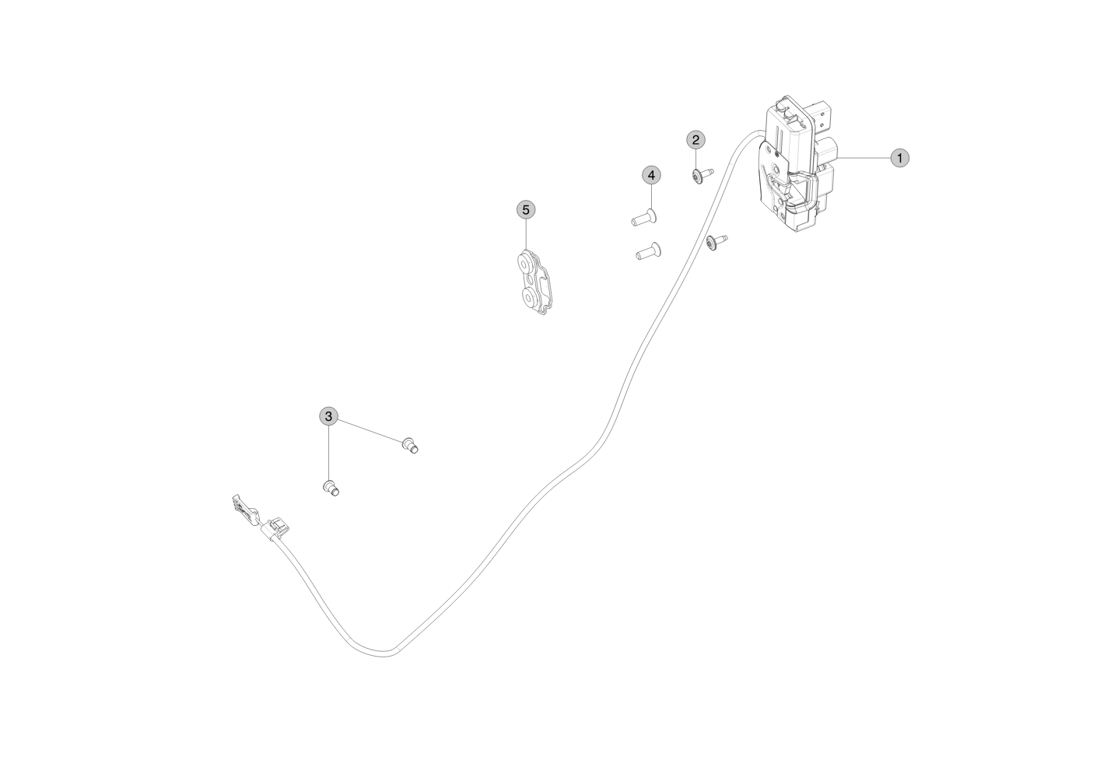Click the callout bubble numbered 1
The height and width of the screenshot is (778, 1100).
coord(899,158)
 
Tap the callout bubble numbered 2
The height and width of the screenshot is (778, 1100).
coord(695,140)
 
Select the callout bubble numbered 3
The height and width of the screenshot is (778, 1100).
coord(328,416)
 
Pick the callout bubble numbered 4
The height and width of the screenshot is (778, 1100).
coord(651,175)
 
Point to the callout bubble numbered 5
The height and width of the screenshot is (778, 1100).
coord(526,210)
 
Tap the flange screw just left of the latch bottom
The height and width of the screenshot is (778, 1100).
coord(716,242)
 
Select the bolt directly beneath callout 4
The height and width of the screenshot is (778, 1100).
coord(644,217)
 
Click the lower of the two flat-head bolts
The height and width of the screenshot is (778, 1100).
coord(648,251)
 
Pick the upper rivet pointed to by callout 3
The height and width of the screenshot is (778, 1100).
coord(410,446)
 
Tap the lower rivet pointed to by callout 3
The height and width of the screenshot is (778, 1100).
coord(331,489)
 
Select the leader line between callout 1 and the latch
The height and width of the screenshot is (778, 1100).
coord(864,158)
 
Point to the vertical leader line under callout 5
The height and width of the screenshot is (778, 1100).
coord(526,235)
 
